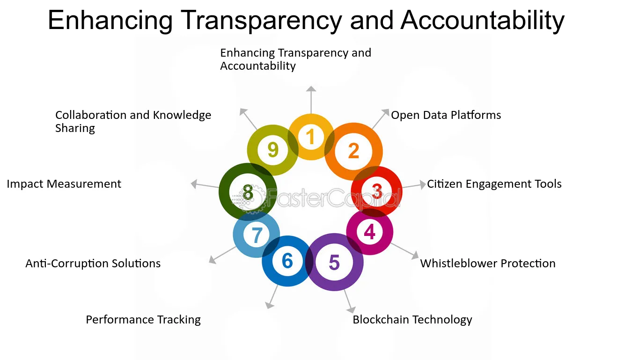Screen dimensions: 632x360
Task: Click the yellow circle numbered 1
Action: click(x=310, y=137)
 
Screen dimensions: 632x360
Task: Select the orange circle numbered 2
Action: click(x=353, y=151)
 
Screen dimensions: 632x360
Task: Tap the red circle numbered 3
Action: click(x=377, y=191)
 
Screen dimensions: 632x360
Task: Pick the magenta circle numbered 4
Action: click(x=369, y=232)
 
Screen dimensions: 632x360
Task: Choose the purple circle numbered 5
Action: click(x=334, y=262)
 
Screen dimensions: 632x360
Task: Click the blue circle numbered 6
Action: click(x=287, y=261)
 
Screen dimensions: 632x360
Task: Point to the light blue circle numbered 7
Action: click(x=256, y=235)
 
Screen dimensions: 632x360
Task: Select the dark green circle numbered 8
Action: click(x=248, y=192)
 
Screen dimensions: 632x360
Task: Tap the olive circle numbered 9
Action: click(x=272, y=150)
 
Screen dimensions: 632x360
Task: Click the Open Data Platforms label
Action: click(x=446, y=115)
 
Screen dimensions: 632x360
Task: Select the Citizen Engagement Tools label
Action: click(x=494, y=184)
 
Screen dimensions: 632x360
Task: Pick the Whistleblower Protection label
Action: click(x=487, y=264)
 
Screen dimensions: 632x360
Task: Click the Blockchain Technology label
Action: click(x=412, y=320)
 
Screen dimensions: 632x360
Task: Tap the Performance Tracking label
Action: click(x=143, y=320)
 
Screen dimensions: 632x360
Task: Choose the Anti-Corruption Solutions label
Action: click(x=93, y=264)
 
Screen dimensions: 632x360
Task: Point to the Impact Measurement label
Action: click(x=64, y=184)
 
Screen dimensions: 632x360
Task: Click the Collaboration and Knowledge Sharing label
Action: click(x=133, y=121)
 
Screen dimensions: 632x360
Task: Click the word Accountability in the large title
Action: click(x=482, y=20)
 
